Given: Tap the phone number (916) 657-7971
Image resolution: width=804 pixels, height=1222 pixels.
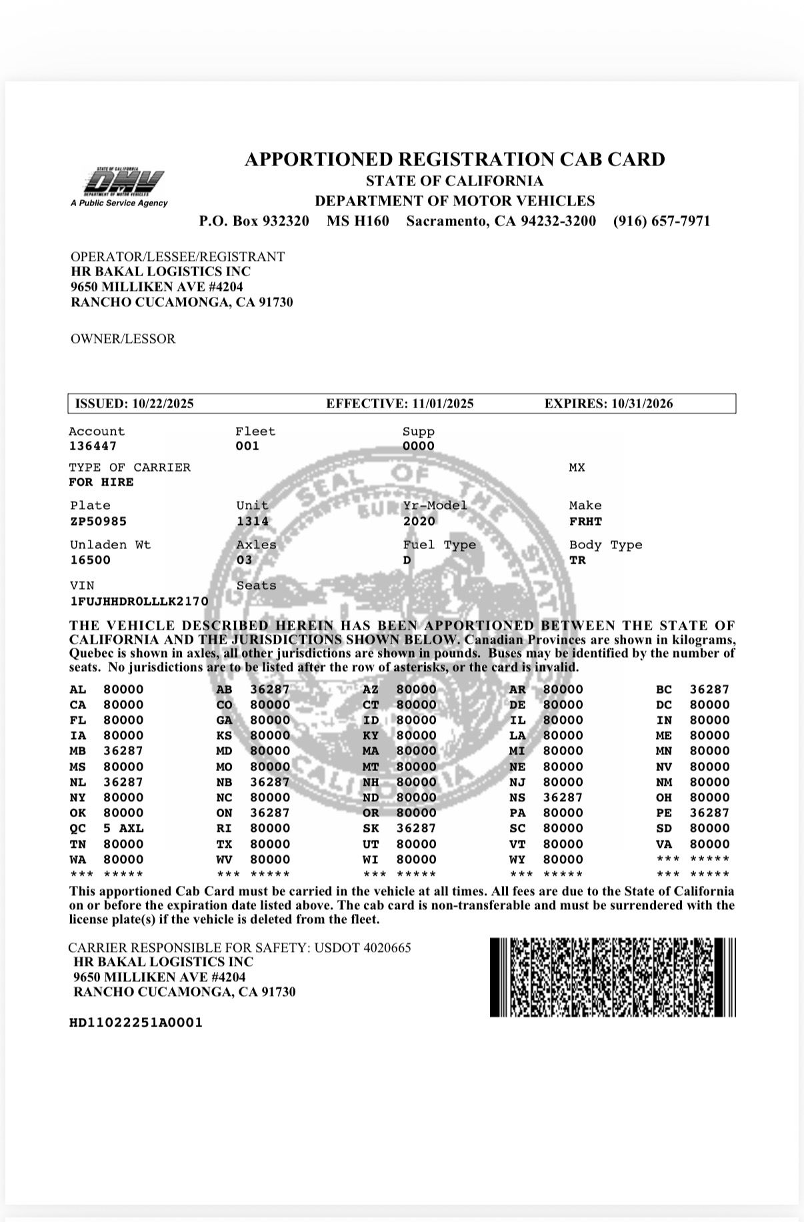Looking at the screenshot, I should point(661,221).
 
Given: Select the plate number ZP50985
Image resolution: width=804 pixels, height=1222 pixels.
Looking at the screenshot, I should point(98,521).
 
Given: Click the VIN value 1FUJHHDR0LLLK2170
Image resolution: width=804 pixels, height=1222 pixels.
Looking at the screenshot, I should point(139,601).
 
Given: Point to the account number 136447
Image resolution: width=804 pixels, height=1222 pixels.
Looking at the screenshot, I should point(93,446).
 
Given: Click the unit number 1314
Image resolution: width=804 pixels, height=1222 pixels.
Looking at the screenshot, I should point(253,521).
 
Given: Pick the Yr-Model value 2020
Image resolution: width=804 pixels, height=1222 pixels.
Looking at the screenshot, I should point(419,521).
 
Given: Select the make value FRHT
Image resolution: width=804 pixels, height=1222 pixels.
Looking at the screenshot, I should point(585,521).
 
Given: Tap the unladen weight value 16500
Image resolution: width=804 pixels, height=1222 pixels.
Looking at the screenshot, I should point(90,560).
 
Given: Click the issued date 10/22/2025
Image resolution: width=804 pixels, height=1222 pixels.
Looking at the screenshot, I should point(163,404).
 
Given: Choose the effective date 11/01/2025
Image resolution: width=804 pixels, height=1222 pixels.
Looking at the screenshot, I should point(443,404).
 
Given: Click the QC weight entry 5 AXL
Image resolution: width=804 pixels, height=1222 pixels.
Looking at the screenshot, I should point(123,828).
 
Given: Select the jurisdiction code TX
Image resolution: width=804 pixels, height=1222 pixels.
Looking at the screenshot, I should point(225,844).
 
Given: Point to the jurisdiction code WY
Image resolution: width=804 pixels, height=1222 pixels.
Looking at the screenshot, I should point(517,859).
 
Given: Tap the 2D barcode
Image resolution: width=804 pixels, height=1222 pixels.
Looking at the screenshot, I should point(613,977).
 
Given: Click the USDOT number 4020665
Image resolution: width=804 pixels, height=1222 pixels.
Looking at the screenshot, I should point(387,947).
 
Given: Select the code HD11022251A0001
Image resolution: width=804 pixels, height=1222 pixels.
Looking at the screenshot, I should point(135,1023).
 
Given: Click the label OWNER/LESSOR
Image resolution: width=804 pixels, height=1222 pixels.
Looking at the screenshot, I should point(123,339).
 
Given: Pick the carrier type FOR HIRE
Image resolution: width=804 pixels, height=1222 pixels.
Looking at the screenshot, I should point(101,482).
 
